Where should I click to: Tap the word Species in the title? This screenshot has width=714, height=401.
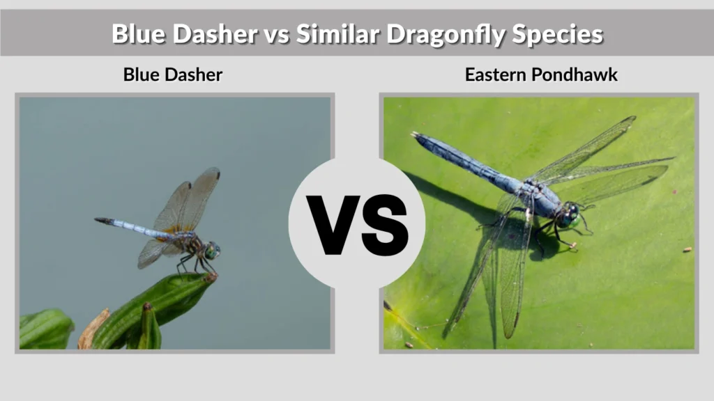[557, 33]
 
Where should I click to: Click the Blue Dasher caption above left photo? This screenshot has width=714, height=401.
[172, 74]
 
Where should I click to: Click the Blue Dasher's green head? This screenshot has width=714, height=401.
[212, 251]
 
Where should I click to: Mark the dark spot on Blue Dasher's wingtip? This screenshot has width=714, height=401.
[215, 172]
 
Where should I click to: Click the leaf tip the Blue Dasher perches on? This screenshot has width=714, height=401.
[208, 277]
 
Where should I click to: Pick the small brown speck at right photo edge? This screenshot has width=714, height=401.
[688, 249]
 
